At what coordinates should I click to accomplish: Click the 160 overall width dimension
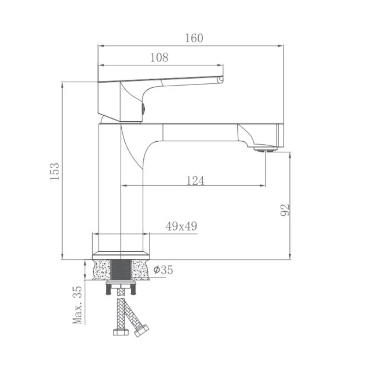click(x=194, y=38)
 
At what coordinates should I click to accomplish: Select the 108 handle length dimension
click(x=159, y=58)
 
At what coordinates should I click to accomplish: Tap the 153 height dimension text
click(x=55, y=171)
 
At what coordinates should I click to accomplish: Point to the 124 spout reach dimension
click(x=195, y=180)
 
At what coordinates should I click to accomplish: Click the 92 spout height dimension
click(x=285, y=211)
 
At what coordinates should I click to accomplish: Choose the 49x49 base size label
click(x=181, y=227)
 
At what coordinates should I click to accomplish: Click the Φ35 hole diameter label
click(x=163, y=270)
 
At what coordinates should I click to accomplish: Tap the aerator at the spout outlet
click(x=265, y=149)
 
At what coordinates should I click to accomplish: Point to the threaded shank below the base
click(x=121, y=270)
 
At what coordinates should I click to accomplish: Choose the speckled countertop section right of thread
click(x=140, y=270)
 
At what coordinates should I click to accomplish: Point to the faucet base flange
click(x=121, y=255)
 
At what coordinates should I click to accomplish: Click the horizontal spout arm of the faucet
click(x=201, y=132)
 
